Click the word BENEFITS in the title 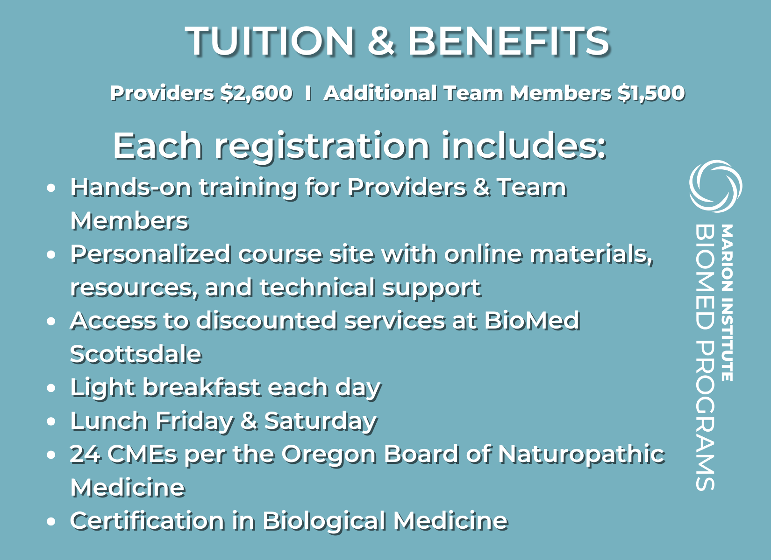pos(509,41)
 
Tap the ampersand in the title pos(381,41)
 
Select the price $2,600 pos(257,93)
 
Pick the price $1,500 pos(651,93)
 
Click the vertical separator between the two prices pos(308,93)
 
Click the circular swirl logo pos(715,186)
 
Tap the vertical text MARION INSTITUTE pos(727,302)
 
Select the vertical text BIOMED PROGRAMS pos(705,357)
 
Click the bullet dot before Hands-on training pos(51,188)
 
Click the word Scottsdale pos(136,354)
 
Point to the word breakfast pos(201,387)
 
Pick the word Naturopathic pos(581,455)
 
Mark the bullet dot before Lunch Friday pos(51,421)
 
